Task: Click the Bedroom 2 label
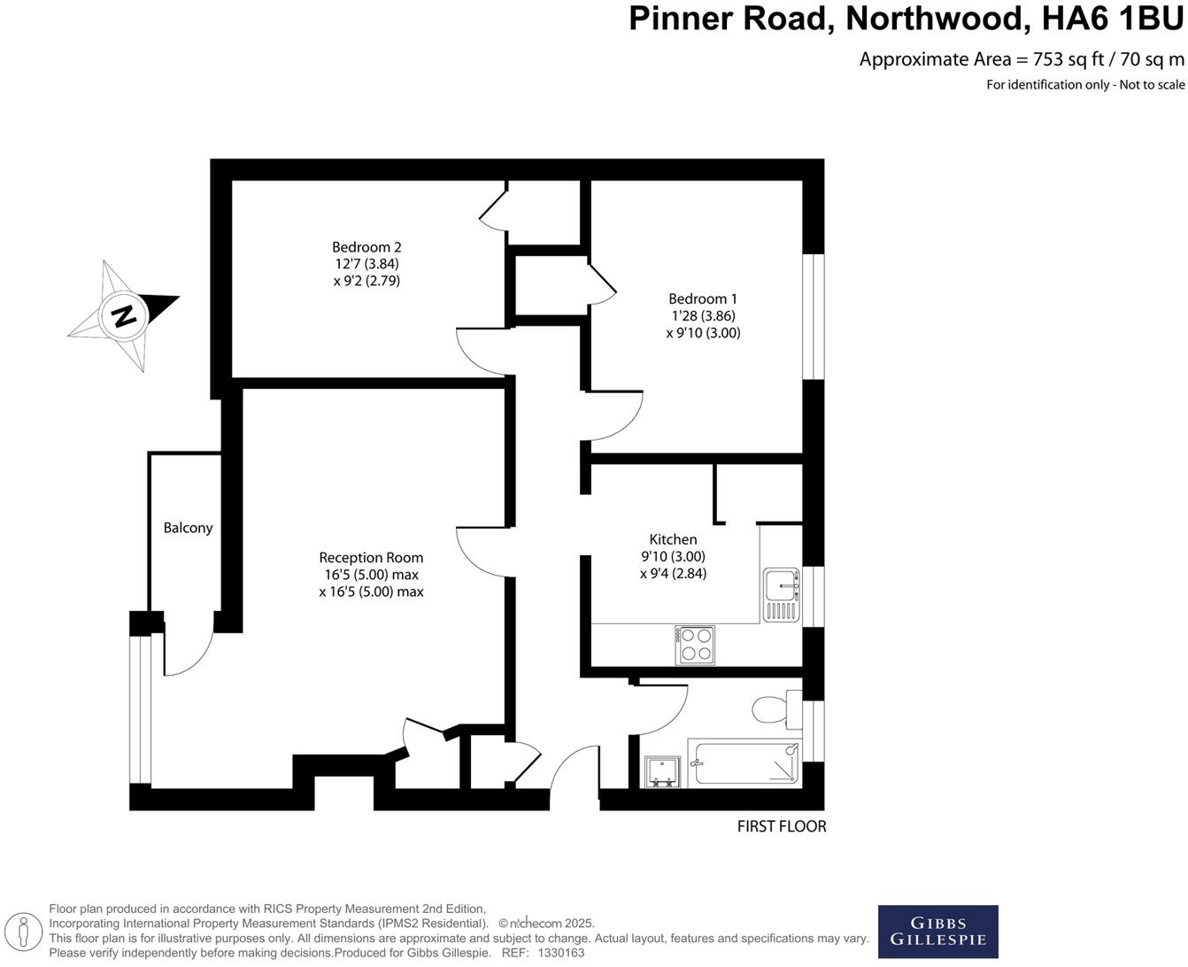(366, 247)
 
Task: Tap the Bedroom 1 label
(703, 299)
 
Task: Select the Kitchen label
(673, 539)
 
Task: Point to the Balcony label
(188, 528)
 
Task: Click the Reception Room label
(371, 558)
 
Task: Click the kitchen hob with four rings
(695, 645)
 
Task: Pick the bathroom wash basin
(661, 771)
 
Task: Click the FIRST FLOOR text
(782, 826)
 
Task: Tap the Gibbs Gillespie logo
(937, 931)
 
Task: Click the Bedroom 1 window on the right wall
(813, 317)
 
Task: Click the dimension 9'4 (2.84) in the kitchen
(673, 573)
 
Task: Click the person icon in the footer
(26, 932)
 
